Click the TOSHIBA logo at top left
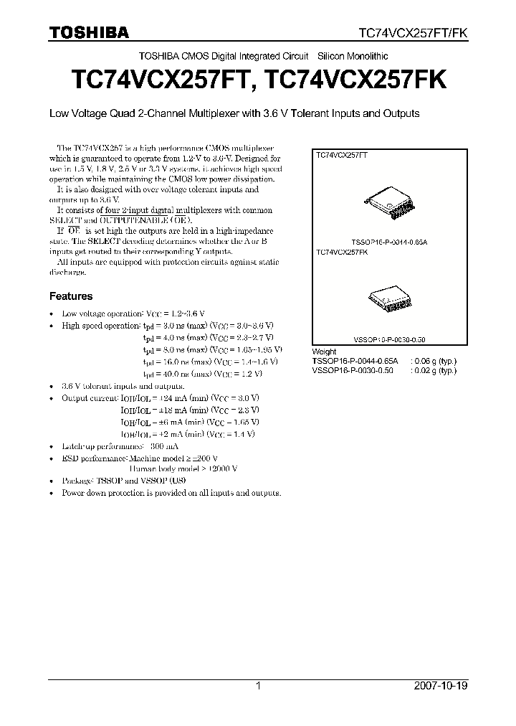click(89, 33)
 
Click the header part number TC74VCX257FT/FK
click(414, 33)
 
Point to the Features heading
click(70, 296)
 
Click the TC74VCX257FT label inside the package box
click(343, 155)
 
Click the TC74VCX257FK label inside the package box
click(343, 253)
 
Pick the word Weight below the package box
click(324, 352)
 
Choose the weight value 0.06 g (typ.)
click(435, 361)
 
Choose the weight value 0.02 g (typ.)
click(435, 370)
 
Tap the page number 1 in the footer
click(257, 686)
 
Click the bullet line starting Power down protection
click(171, 493)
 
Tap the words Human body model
click(151, 468)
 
